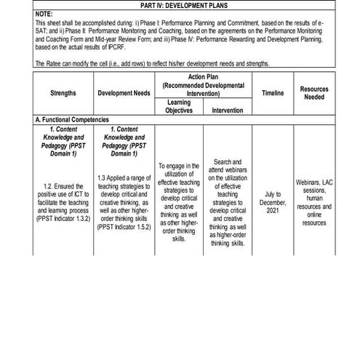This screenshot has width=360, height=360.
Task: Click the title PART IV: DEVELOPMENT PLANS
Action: tap(181, 5)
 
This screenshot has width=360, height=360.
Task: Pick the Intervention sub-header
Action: tap(227, 111)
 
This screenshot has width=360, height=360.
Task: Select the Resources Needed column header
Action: tap(314, 92)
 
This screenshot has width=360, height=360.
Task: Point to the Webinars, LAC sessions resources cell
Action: tap(314, 202)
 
